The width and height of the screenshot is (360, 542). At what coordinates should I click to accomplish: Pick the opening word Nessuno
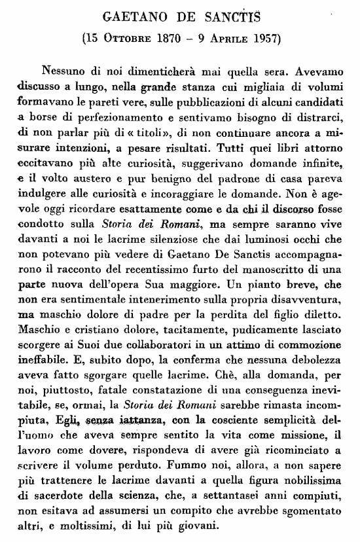[65, 70]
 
